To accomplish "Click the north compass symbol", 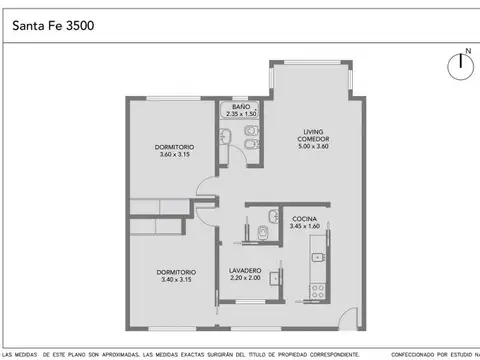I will click(x=460, y=65).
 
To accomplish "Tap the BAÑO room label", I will click(x=240, y=106).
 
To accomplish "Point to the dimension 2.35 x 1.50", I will click(x=240, y=114).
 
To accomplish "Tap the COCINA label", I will click(x=305, y=218).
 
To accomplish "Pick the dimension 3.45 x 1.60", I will click(x=305, y=226).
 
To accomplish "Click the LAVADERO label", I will click(x=245, y=270).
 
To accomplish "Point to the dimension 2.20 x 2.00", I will click(x=245, y=278).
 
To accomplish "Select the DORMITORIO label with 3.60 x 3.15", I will click(x=174, y=147).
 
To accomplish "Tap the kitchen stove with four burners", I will click(x=318, y=291).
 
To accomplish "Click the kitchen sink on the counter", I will click(x=318, y=258).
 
